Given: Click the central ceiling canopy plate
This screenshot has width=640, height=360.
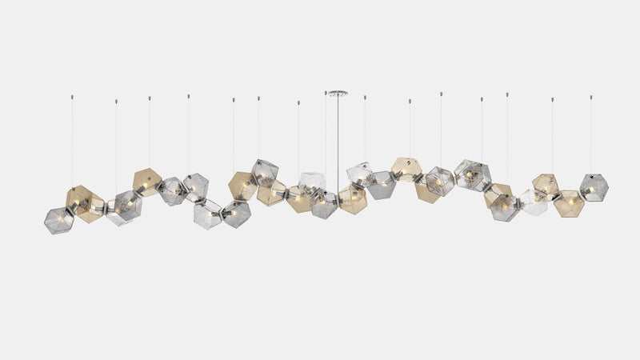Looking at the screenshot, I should tap(337, 92).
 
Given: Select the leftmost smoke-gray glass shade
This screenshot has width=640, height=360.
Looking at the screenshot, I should tap(58, 220).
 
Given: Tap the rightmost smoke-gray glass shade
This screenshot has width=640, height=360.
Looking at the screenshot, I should tap(594, 187).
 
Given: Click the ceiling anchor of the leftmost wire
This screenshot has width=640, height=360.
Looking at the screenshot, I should tap(71, 96).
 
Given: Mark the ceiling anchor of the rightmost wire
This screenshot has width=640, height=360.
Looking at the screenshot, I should tap(591, 97).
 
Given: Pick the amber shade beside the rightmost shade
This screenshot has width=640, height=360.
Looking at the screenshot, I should tap(569, 203).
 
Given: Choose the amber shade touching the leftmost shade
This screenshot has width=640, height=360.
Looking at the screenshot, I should tap(83, 202).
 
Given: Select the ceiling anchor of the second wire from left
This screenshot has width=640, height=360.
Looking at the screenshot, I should tap(116, 101).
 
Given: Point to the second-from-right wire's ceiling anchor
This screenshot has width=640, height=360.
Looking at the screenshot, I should tap(551, 99).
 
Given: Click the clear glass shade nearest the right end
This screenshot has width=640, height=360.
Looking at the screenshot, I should tap(533, 202).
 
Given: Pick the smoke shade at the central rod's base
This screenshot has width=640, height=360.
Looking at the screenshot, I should tap(323, 204).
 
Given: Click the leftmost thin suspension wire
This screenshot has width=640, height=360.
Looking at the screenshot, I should tap(71, 144).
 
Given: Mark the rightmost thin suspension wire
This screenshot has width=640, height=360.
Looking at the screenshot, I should tap(591, 136).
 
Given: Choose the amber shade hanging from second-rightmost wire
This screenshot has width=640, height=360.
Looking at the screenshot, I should tap(546, 185).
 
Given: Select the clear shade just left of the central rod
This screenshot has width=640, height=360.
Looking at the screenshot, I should tap(311, 183).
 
